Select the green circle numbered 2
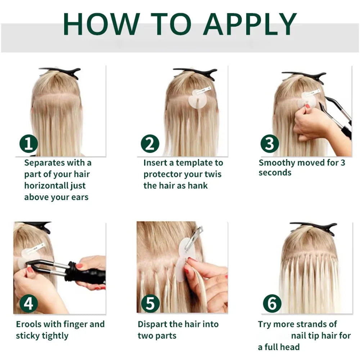[150, 144]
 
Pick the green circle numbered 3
[270, 144]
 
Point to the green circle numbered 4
[28, 304]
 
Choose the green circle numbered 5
[150, 304]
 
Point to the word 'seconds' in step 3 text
[275, 173]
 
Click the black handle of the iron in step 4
[86, 275]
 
